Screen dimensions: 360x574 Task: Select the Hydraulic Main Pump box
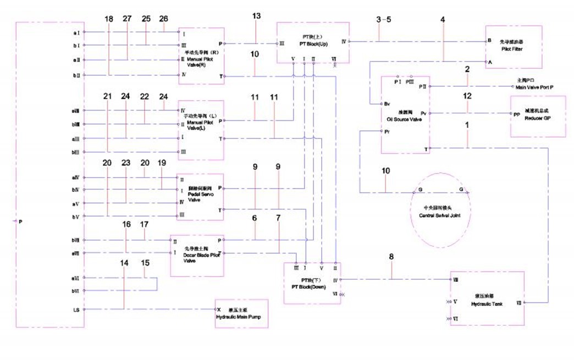pos(241,314)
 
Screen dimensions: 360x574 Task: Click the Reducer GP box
pos(538,117)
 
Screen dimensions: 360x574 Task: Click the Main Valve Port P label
pos(535,87)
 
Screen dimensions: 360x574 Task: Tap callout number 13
pos(256,16)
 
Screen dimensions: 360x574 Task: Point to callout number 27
pos(127,19)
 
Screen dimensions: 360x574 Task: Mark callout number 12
pos(468,96)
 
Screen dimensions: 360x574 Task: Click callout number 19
pos(162,163)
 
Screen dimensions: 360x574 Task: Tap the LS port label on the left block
pos(76,309)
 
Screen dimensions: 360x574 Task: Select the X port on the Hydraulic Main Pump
pos(219,309)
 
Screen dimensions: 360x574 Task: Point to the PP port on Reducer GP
pos(516,114)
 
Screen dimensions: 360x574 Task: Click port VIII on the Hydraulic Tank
pos(456,280)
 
